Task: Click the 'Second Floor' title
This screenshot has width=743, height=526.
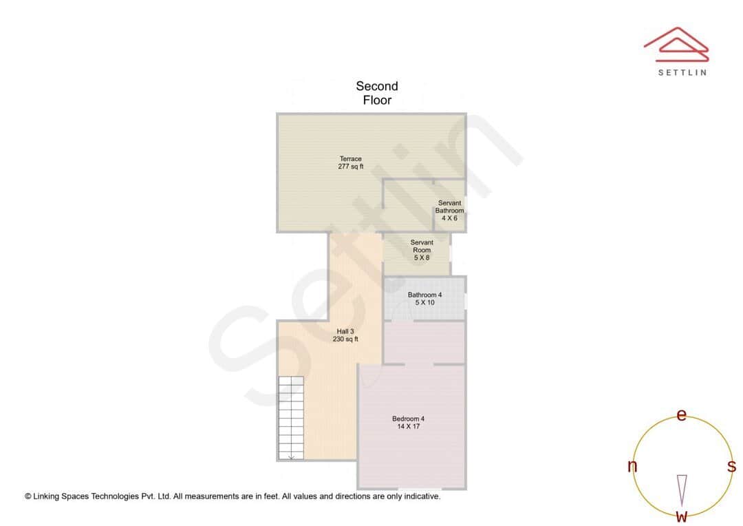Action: (x=377, y=93)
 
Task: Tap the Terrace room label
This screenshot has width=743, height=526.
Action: (x=350, y=159)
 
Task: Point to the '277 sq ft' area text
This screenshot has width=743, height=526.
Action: (x=350, y=167)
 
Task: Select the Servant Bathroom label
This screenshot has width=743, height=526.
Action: (x=449, y=207)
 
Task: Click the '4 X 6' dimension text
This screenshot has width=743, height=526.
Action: (x=449, y=218)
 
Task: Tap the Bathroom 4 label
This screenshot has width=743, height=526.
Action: (x=424, y=295)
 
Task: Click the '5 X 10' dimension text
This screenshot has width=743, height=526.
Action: (x=424, y=302)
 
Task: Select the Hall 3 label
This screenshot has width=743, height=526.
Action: (x=345, y=331)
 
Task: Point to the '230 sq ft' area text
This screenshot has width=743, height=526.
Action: (x=345, y=339)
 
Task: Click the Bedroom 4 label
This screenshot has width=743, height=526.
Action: (x=408, y=419)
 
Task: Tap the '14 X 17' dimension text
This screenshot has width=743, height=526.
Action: (x=408, y=426)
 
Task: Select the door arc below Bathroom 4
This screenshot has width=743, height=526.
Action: (x=400, y=311)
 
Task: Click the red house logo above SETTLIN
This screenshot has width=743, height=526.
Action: (x=676, y=43)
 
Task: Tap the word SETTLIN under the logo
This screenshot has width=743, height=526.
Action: (x=682, y=72)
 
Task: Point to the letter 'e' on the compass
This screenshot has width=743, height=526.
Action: (x=682, y=414)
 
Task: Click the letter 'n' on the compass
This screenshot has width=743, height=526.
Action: (x=632, y=467)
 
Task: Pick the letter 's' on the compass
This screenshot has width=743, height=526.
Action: (x=731, y=466)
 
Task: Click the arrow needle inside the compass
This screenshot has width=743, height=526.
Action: (x=682, y=490)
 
